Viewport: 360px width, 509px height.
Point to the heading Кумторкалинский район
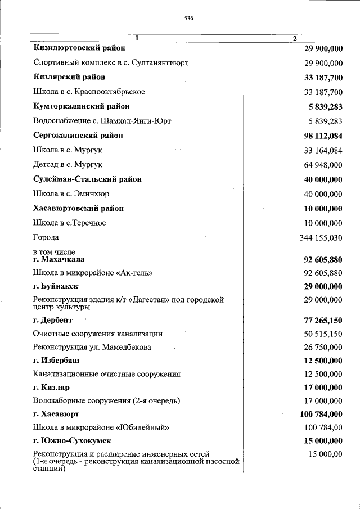[x=82, y=106]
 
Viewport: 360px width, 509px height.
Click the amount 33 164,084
[x=323, y=150]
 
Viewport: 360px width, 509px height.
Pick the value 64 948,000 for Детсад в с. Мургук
[x=323, y=165]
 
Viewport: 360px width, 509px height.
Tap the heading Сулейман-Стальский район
[x=87, y=179]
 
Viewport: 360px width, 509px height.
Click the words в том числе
[x=54, y=252]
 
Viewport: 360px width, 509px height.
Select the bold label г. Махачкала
[x=59, y=259]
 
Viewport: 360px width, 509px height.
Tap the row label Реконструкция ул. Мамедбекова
[x=92, y=348]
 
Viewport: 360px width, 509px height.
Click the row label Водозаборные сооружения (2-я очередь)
[x=106, y=401]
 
